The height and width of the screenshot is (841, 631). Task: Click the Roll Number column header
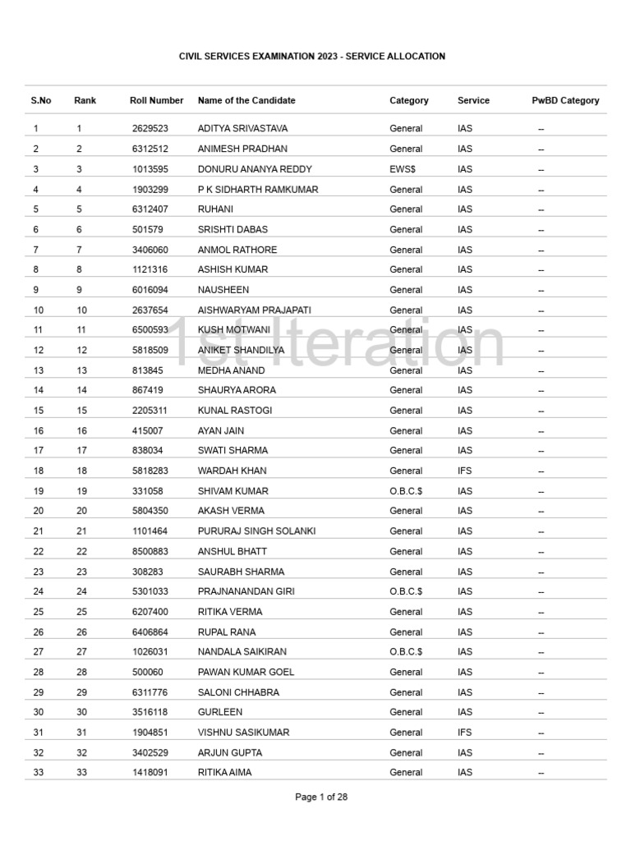(157, 100)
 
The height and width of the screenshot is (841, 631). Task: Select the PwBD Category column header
(565, 100)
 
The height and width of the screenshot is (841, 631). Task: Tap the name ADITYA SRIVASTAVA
(242, 129)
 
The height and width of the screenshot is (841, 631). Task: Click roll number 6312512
(150, 149)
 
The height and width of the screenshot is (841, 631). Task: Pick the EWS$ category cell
(403, 169)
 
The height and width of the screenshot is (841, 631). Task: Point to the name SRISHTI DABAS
(233, 229)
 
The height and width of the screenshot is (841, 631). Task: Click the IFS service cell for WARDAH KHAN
(465, 471)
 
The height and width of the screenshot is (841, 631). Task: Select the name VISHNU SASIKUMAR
(243, 733)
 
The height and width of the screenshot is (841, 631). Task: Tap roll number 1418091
(150, 773)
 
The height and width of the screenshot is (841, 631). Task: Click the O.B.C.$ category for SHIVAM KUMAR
(406, 491)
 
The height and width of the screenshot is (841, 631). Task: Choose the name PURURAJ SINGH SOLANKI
(256, 531)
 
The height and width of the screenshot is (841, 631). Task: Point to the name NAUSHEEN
(223, 290)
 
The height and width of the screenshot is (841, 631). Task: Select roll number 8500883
(150, 551)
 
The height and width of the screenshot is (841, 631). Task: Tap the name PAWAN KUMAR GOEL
(246, 672)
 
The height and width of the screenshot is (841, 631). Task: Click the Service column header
(473, 100)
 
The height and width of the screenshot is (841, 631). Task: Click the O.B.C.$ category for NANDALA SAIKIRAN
(406, 652)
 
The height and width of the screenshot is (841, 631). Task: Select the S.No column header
(41, 100)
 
